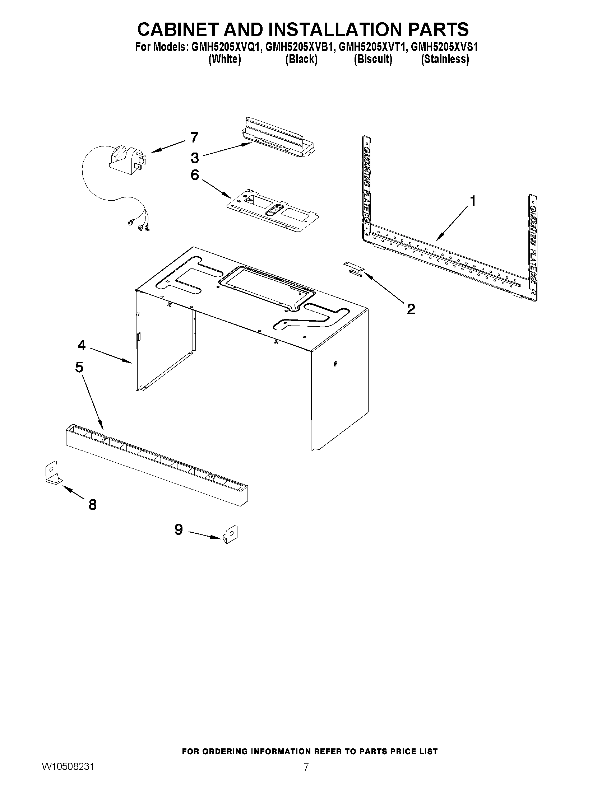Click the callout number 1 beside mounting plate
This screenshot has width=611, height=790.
(x=472, y=201)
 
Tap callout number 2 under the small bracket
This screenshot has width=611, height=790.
(x=411, y=309)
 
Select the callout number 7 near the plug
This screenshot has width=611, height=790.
(x=194, y=137)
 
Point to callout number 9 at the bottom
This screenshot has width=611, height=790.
(x=179, y=530)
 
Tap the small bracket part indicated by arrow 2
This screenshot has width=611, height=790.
(x=354, y=270)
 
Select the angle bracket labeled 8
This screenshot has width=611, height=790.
(x=52, y=472)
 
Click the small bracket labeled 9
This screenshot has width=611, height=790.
(x=231, y=534)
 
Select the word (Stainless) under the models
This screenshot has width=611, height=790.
(x=445, y=59)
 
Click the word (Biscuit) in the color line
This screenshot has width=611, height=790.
(x=373, y=59)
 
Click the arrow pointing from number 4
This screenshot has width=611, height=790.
(x=110, y=355)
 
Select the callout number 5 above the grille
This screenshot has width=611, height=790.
(x=79, y=367)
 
